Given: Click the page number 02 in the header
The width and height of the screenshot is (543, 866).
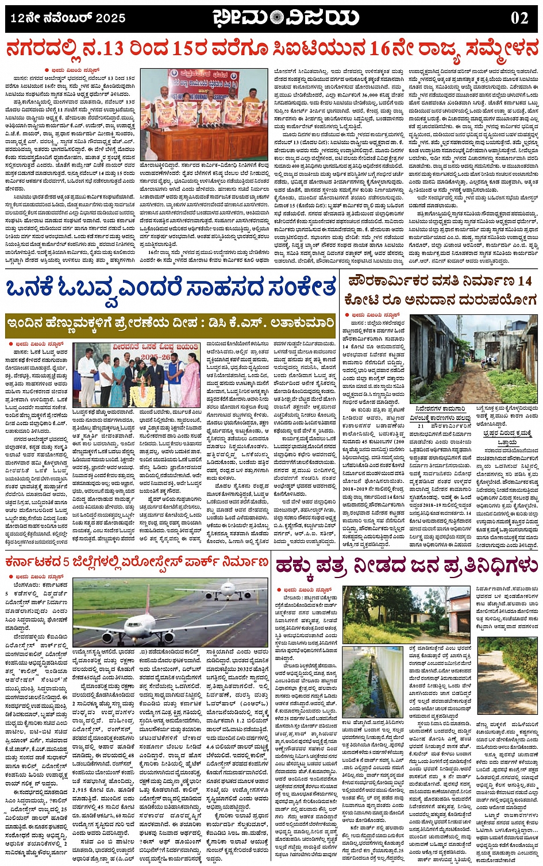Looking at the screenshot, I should coord(519,18).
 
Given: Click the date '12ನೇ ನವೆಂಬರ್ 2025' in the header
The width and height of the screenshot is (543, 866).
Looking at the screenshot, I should coord(68,18).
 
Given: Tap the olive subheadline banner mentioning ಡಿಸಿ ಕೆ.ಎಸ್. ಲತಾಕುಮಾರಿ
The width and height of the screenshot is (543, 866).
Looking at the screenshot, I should coord(170,324).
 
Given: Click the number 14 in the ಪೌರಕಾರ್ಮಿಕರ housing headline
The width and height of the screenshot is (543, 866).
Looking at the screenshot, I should coord(523,282).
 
